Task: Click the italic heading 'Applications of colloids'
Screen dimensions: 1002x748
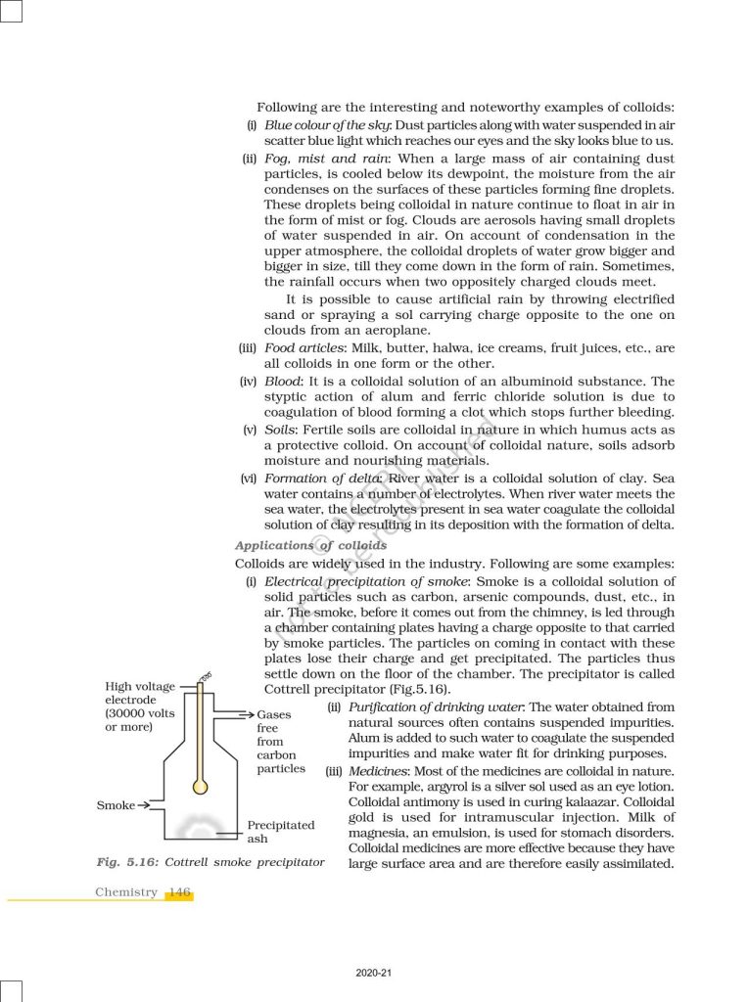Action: coord(310,545)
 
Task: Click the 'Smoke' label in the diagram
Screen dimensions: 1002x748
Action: coord(116,805)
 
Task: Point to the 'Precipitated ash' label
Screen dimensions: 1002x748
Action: coord(281,832)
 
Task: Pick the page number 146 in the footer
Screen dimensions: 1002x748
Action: coord(179,892)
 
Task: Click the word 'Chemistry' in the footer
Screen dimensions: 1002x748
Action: coord(125,892)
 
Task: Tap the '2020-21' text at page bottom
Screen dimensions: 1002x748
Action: coord(374,974)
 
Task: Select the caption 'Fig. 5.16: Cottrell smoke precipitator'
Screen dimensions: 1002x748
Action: coord(210,862)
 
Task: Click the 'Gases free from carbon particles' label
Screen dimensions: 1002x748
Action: coord(281,742)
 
